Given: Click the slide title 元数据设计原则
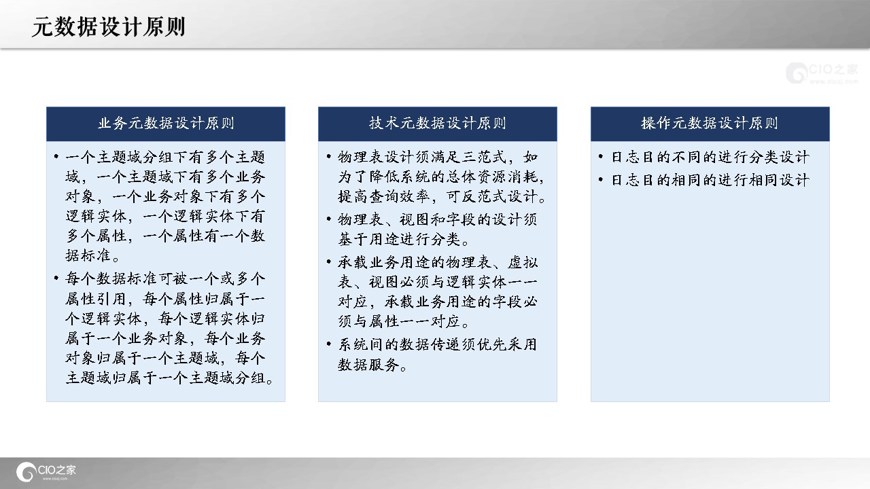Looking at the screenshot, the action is (x=108, y=26).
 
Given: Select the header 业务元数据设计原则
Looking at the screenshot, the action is (x=166, y=124).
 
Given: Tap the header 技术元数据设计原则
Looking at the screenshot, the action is (x=437, y=124).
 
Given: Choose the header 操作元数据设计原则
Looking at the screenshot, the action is (x=710, y=124).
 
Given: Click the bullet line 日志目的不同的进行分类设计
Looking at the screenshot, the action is (x=710, y=157).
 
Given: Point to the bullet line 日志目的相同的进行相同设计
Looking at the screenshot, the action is (x=710, y=180).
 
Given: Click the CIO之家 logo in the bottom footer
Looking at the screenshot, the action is (x=46, y=472).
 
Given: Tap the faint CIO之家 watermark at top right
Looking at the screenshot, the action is (x=822, y=73).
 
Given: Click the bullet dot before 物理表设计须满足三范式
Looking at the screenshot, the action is (x=329, y=156).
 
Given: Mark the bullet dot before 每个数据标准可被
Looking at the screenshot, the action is (x=56, y=278).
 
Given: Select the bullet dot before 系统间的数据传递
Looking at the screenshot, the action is (x=329, y=344).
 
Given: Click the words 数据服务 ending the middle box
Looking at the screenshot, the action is (x=368, y=365).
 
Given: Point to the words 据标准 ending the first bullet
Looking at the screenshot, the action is (x=88, y=255).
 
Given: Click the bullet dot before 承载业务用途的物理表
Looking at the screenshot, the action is (x=329, y=262).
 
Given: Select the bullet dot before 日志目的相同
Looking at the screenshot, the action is (x=602, y=179).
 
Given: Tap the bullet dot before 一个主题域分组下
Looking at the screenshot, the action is (x=56, y=156).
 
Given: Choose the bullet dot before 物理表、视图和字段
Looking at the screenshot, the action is (x=329, y=219).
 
